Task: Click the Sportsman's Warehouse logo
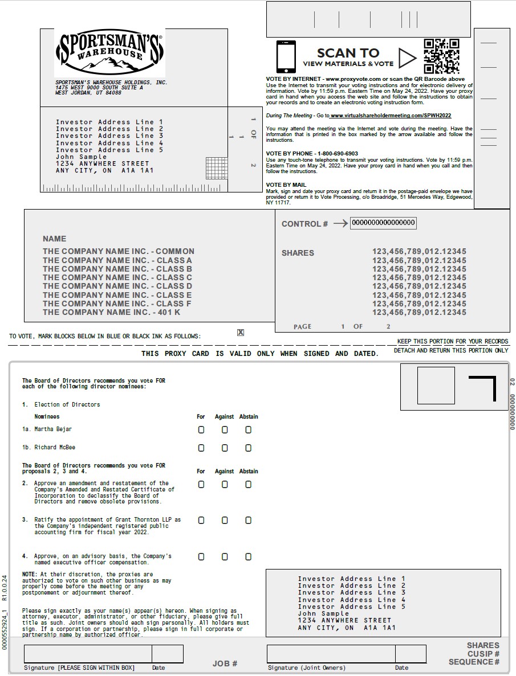click(x=109, y=52)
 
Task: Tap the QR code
click(x=441, y=56)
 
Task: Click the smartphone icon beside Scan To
click(x=286, y=56)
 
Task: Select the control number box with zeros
click(x=383, y=223)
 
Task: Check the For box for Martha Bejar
click(x=201, y=430)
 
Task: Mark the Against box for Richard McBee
click(x=225, y=448)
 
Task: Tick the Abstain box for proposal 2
click(x=248, y=485)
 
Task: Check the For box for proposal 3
click(x=201, y=521)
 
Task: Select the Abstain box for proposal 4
click(x=248, y=556)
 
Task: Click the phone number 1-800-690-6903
click(x=337, y=154)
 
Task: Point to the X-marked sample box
click(x=241, y=333)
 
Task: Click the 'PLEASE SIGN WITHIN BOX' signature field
click(x=87, y=654)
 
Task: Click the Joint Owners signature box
click(x=331, y=654)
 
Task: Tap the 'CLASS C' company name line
click(x=117, y=277)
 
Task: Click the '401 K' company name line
click(x=111, y=312)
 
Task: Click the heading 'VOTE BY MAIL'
click(x=286, y=185)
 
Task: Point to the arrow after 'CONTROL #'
click(x=340, y=224)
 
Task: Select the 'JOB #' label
click(x=225, y=663)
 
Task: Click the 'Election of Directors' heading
click(x=67, y=404)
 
